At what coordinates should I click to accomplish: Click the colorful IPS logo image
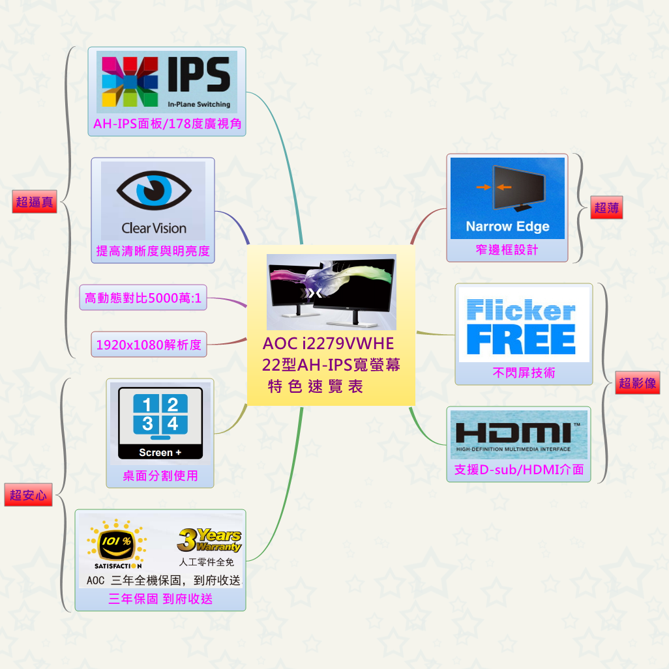tap(167, 82)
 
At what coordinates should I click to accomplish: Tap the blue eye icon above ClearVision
tap(154, 191)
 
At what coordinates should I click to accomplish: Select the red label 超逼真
tap(35, 202)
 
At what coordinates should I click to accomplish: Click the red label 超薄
tap(606, 208)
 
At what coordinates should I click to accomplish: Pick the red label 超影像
tap(637, 383)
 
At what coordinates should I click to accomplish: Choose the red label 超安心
tap(27, 495)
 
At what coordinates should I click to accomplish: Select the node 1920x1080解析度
tap(149, 345)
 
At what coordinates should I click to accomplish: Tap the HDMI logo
tap(518, 434)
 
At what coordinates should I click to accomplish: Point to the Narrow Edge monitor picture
tap(507, 197)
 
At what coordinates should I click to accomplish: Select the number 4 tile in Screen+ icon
tap(173, 424)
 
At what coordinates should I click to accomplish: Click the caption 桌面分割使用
tap(160, 476)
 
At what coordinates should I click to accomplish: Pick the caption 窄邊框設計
tap(507, 250)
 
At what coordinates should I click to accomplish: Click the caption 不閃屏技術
tap(524, 373)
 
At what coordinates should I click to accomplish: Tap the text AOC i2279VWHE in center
tap(329, 343)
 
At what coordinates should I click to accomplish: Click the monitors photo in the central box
tap(331, 292)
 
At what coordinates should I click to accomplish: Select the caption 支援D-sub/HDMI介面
tap(518, 470)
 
